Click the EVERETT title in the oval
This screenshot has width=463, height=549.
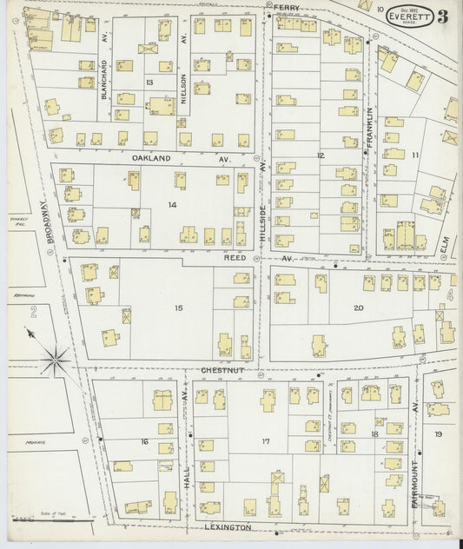pyautogui.click(x=407, y=16)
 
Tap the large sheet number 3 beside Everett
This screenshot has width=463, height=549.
pyautogui.click(x=443, y=16)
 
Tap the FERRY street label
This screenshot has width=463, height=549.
pyautogui.click(x=287, y=7)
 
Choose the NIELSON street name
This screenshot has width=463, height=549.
pyautogui.click(x=183, y=88)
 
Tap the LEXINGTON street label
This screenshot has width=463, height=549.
pyautogui.click(x=228, y=527)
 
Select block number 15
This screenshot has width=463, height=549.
pyautogui.click(x=178, y=308)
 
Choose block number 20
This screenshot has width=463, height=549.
pyautogui.click(x=358, y=308)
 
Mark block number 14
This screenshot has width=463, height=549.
pyautogui.click(x=173, y=204)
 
